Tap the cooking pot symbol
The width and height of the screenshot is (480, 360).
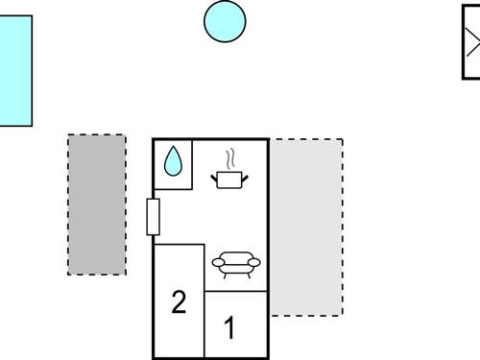click(x=229, y=179)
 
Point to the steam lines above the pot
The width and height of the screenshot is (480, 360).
click(x=229, y=157)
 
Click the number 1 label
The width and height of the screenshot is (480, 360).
click(x=229, y=329)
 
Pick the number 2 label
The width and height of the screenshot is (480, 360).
click(x=178, y=302)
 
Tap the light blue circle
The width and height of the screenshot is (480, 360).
click(x=225, y=21)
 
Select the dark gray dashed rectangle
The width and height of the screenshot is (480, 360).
click(x=96, y=204)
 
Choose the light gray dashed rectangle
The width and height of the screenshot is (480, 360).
click(x=306, y=228)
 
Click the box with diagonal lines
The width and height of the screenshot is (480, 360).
click(x=471, y=42)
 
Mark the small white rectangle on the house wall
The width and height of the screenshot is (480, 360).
click(x=153, y=217)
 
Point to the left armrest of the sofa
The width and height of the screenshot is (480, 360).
click(x=217, y=262)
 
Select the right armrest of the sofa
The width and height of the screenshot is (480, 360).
click(x=252, y=262)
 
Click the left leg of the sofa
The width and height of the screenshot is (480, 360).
click(x=222, y=274)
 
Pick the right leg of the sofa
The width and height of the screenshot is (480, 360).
click(x=248, y=274)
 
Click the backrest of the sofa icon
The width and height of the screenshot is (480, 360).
click(x=234, y=254)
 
